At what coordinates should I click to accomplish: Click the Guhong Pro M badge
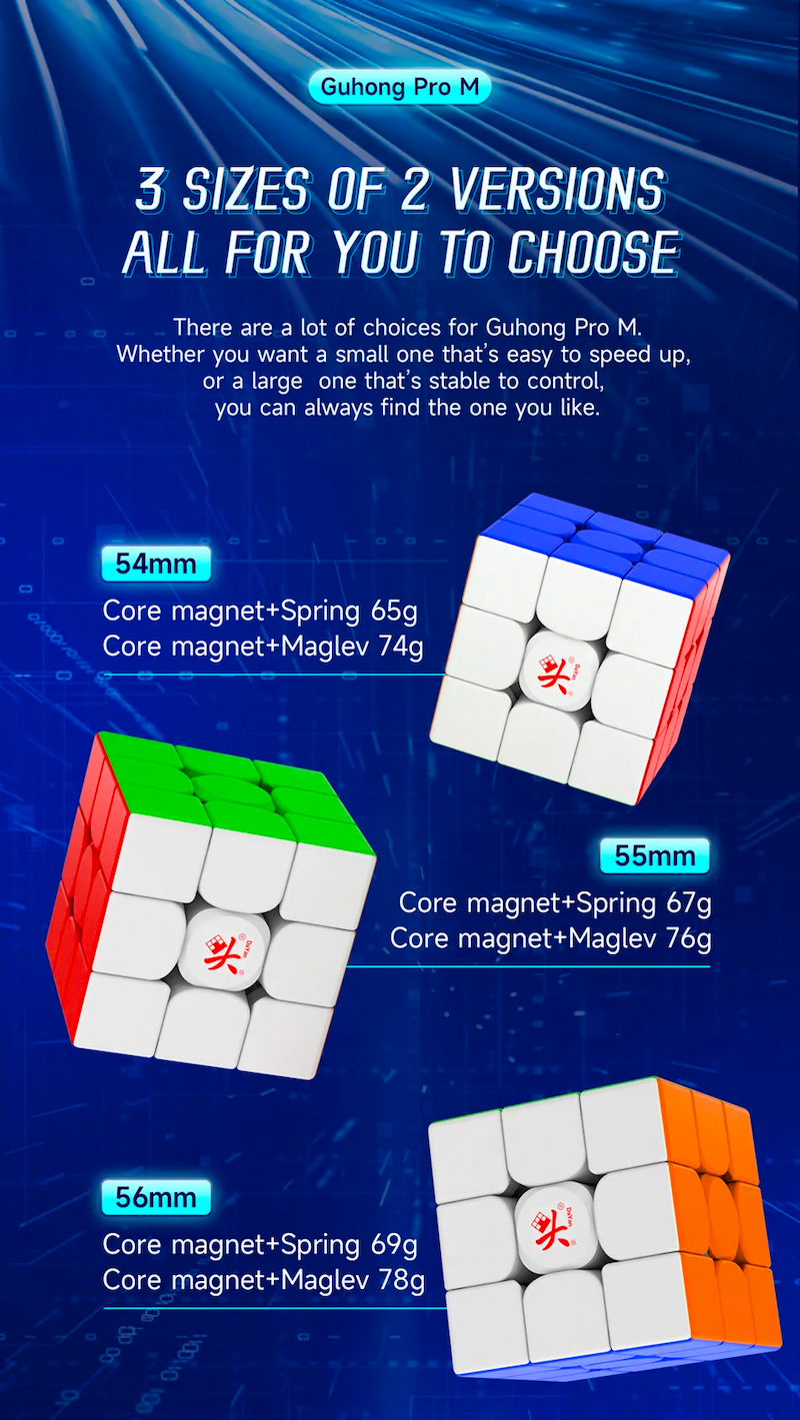tap(400, 87)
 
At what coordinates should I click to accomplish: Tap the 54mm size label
tap(156, 564)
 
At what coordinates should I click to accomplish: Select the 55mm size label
tap(655, 855)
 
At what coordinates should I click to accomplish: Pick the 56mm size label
tap(156, 1197)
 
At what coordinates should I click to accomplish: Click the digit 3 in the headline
tap(150, 189)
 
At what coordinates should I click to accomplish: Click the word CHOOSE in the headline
tap(594, 252)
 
